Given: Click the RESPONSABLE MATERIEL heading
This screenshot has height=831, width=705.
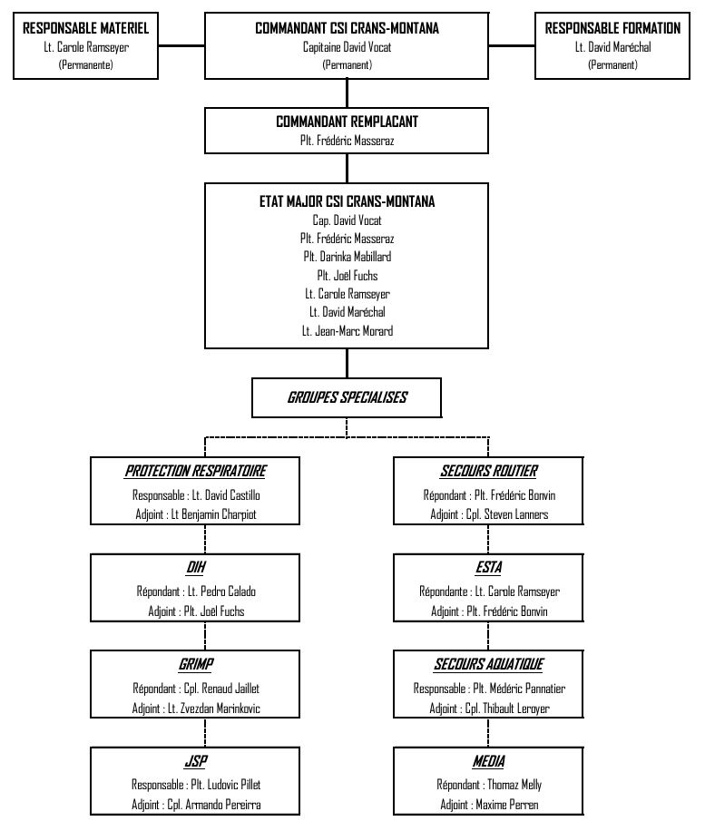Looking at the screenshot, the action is tap(86, 28).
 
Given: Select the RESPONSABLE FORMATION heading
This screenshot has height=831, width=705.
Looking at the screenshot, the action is tap(612, 28).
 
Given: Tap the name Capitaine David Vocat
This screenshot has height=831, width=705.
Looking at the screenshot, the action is tap(348, 47).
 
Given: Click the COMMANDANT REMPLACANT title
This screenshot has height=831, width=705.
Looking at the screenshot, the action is tap(348, 122).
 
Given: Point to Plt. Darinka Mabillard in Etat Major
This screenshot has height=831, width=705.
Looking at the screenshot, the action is tap(348, 257).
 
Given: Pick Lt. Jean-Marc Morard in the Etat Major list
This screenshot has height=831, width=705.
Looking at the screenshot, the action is tap(348, 331).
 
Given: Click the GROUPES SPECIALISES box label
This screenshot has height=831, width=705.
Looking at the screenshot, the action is tap(348, 397).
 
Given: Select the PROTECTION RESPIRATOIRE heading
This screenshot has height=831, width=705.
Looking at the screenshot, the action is tap(196, 471).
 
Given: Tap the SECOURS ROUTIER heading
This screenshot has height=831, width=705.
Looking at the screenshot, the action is tap(489, 471).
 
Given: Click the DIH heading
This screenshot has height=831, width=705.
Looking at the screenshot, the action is tap(196, 568).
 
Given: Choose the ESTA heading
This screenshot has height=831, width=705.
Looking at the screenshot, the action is tap(489, 568).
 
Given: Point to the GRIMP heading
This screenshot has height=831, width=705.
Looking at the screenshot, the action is tap(196, 664).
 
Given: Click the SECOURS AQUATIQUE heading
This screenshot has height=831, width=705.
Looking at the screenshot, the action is tap(489, 664).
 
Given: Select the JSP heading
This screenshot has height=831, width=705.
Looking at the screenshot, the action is tap(196, 761).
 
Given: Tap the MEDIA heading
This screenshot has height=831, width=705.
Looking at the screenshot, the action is tap(489, 761).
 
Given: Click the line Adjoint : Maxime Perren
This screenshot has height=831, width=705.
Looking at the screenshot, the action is tap(489, 805).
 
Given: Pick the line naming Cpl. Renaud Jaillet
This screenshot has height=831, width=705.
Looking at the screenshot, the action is tap(196, 689).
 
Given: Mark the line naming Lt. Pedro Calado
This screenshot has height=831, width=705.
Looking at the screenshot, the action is tap(196, 591).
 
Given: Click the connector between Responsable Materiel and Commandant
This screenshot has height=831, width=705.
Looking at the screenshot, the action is tap(181, 45).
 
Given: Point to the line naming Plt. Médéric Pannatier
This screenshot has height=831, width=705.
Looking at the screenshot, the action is tap(489, 689).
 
